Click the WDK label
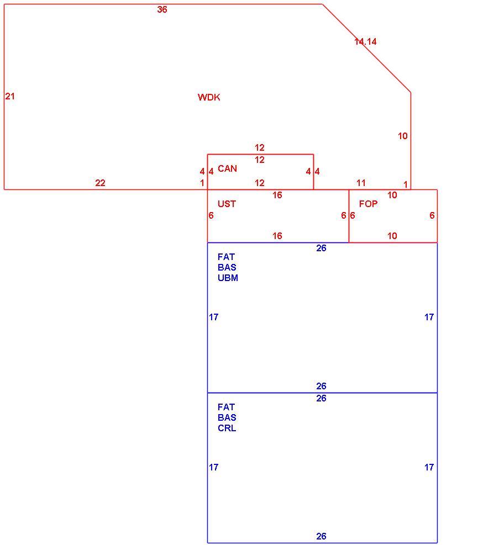click(x=209, y=97)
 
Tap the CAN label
click(x=227, y=168)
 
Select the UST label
click(x=227, y=204)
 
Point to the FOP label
click(x=368, y=204)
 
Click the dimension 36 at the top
click(x=162, y=10)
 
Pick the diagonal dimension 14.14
click(x=365, y=42)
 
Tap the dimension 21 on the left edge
click(x=10, y=96)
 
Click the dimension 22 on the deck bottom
click(x=100, y=183)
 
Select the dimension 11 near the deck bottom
click(x=361, y=183)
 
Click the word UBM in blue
click(x=228, y=278)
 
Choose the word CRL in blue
click(x=227, y=428)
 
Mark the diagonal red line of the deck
click(x=366, y=48)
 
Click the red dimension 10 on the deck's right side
click(x=403, y=136)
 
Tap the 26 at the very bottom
click(x=321, y=536)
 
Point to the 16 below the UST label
click(x=277, y=236)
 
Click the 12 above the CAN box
click(x=259, y=148)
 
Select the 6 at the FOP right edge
click(x=432, y=215)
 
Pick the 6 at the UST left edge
click(x=211, y=215)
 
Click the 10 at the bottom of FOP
click(x=392, y=236)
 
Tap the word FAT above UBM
click(x=226, y=257)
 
